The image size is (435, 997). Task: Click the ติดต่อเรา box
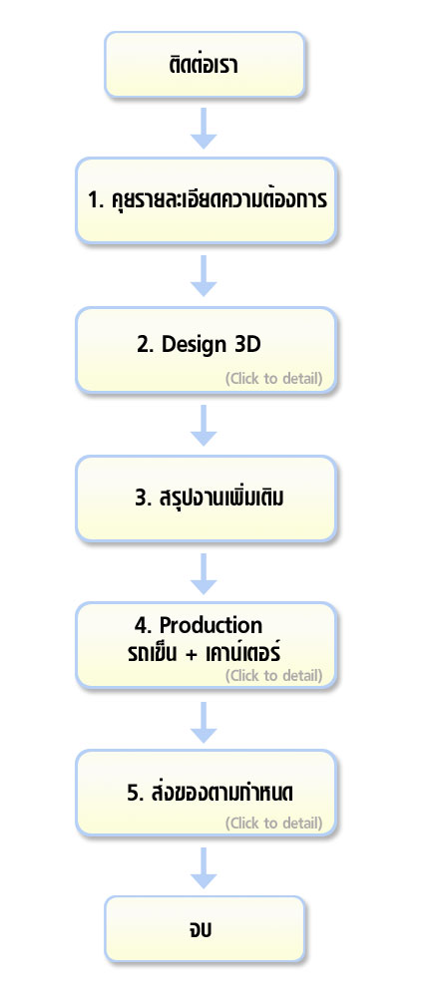click(205, 65)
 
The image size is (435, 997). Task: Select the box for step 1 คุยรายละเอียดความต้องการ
click(206, 200)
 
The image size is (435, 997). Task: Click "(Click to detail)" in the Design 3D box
click(273, 379)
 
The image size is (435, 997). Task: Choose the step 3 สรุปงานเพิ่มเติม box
click(206, 498)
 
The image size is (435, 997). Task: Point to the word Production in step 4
click(211, 625)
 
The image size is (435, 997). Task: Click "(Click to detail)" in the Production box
click(273, 675)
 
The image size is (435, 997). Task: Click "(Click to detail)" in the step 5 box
click(273, 824)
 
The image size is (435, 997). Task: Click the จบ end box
click(205, 929)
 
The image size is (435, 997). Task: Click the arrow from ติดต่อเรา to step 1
click(204, 128)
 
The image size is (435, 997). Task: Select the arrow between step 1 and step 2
click(204, 275)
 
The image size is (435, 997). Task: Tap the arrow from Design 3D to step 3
click(204, 425)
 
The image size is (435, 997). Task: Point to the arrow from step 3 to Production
click(204, 573)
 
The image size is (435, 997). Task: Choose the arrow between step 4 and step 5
click(204, 722)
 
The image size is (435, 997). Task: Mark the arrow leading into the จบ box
click(204, 867)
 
